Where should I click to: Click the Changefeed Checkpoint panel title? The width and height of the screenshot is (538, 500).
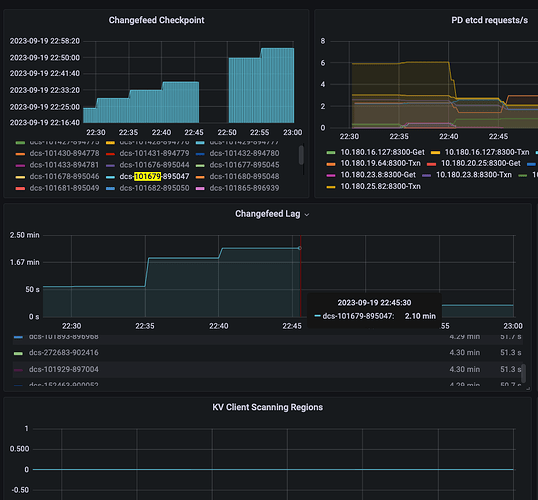coord(151,20)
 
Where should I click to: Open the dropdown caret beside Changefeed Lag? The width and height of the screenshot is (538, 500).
coord(307,215)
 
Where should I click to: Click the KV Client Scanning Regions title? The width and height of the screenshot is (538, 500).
coord(267,408)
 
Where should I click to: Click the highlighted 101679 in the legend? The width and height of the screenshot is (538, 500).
coord(147,175)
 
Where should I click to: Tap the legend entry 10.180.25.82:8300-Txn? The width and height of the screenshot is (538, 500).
coord(383,186)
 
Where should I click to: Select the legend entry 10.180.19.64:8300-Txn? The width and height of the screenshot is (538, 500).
coord(383,163)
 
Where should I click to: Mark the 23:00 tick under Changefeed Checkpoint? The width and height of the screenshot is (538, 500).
coord(292,131)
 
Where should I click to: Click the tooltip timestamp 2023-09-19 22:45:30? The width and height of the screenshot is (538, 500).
coord(374,302)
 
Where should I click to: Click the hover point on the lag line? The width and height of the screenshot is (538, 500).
coord(299,248)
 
